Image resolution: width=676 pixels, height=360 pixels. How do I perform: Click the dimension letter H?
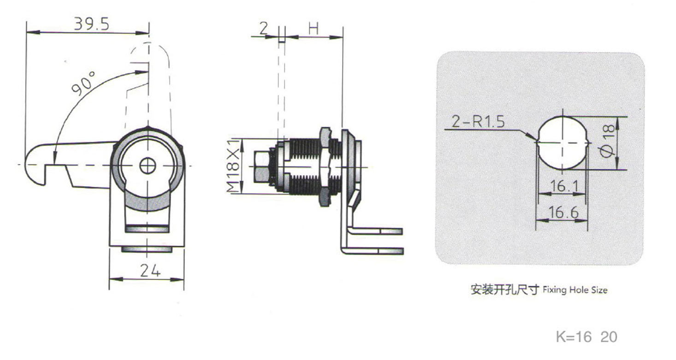(314, 29)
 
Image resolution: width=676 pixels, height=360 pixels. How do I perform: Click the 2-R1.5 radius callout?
(478, 122)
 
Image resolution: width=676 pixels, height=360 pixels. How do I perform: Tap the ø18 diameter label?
(608, 143)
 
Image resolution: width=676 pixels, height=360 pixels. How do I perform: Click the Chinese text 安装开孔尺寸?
(504, 290)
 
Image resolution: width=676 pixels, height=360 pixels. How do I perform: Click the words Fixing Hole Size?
(575, 290)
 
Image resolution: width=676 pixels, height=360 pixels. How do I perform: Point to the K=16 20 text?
(586, 337)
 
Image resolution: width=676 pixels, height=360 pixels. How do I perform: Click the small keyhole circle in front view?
(148, 165)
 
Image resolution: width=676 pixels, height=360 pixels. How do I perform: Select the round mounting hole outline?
(562, 142)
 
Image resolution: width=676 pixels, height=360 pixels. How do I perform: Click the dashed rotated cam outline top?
(148, 46)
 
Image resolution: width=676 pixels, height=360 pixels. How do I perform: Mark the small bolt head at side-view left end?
(261, 166)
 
